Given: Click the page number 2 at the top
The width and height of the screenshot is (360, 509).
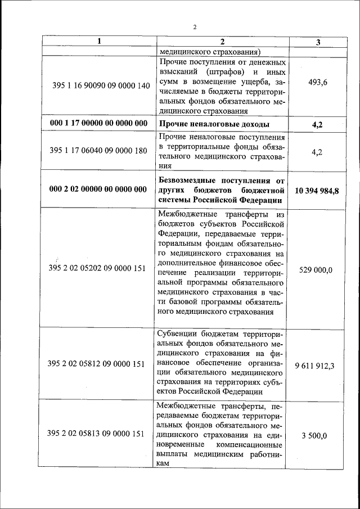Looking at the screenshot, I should [x=194, y=27].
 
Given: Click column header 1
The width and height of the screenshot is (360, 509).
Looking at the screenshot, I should [x=99, y=42].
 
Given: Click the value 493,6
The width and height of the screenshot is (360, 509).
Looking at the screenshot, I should [x=318, y=83].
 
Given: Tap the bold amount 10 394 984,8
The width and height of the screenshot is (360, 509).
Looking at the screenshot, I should [x=318, y=191].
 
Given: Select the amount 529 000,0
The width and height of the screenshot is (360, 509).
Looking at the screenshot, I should [x=318, y=269].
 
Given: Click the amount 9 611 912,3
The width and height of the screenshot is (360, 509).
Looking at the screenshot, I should [x=318, y=366].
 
